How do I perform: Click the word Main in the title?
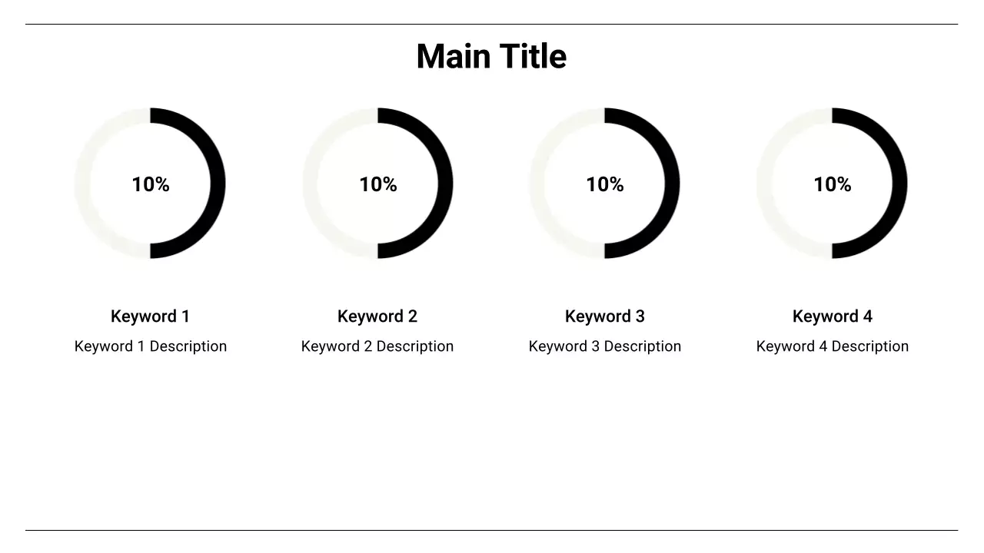[x=454, y=57]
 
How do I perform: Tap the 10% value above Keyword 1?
[x=151, y=184]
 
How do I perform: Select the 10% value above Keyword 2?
[x=378, y=184]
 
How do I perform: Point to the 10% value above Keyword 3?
[x=605, y=184]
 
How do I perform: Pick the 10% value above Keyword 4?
[x=833, y=184]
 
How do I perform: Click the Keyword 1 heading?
[x=150, y=316]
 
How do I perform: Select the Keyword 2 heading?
[x=377, y=316]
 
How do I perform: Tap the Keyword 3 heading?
[x=605, y=316]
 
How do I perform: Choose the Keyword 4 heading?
[x=833, y=316]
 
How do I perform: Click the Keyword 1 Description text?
[x=151, y=346]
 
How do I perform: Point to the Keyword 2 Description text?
[x=377, y=346]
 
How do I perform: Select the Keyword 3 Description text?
[x=605, y=346]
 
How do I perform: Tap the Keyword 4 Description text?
[x=833, y=346]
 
